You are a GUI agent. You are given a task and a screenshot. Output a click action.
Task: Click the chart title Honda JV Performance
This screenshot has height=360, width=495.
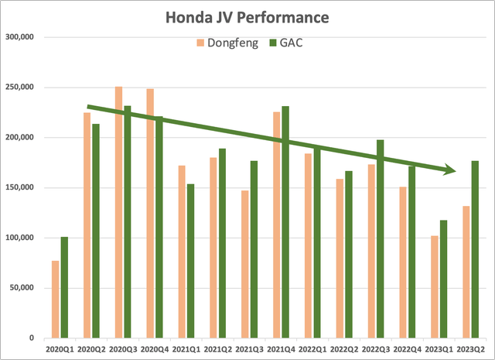[247, 15]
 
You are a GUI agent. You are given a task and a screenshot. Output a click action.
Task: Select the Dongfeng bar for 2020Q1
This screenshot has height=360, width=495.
[56, 299]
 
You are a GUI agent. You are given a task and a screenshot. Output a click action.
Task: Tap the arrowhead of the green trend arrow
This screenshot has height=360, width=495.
[449, 170]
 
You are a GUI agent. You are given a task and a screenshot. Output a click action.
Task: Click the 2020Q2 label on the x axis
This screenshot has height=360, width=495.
[92, 349]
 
